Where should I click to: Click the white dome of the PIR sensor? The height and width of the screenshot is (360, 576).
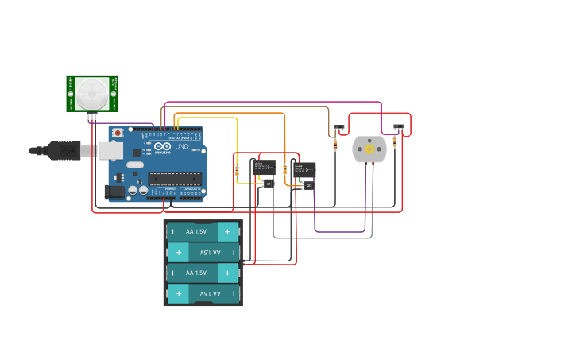92,93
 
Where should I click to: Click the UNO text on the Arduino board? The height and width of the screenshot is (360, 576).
181,147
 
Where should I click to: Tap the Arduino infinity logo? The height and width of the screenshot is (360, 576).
163,147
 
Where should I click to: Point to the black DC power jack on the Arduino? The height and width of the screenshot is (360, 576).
115,191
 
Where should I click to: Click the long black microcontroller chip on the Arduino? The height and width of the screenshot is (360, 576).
174,179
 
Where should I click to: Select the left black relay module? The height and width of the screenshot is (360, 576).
264,168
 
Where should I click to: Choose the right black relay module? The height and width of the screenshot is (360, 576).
303,170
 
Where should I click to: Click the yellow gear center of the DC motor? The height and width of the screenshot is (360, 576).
369,149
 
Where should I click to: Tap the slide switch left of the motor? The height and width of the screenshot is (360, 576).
339,127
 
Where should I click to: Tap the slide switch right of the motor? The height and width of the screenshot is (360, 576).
399,126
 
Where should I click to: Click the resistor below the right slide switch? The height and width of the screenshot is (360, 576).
395,143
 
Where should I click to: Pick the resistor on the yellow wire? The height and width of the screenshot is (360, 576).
237,170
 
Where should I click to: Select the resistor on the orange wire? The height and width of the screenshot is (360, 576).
284,168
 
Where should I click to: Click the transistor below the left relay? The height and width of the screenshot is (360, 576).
267,184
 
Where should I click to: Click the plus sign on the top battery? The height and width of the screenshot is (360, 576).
227,231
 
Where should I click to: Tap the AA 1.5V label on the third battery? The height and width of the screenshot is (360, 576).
195,273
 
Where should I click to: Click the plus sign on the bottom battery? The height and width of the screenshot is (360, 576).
179,293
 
